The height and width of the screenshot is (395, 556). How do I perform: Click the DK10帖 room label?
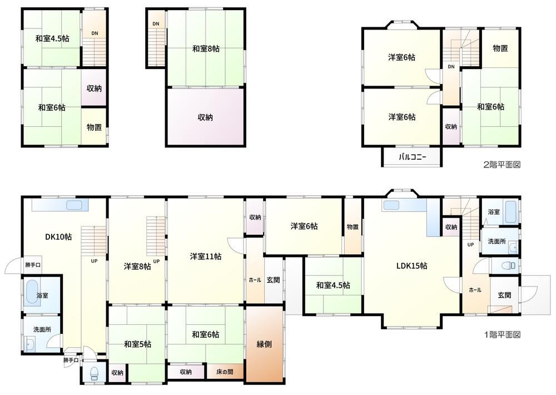[58, 236]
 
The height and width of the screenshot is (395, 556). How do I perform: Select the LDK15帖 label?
[411, 266]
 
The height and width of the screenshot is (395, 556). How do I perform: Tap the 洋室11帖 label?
[206, 256]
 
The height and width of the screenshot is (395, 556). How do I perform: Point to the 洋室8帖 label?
[137, 266]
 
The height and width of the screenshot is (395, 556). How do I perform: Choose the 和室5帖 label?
[137, 344]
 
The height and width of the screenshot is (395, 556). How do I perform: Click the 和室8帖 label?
[206, 48]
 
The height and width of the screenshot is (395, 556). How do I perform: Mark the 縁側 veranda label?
[264, 344]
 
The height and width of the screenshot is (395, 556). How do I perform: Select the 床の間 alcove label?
[225, 372]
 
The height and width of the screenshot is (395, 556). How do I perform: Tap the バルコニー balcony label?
[413, 157]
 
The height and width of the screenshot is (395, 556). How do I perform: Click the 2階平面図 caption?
[502, 165]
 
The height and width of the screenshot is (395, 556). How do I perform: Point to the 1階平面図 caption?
[502, 334]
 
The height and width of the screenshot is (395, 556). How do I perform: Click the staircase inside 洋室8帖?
[156, 236]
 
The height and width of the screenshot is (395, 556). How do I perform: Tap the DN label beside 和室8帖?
[156, 24]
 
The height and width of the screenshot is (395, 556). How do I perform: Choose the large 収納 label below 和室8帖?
[205, 117]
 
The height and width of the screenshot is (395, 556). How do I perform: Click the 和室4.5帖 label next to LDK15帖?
[333, 285]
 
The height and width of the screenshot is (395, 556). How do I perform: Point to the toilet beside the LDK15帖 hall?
[509, 266]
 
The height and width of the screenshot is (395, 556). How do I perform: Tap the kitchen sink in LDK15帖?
[392, 205]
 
